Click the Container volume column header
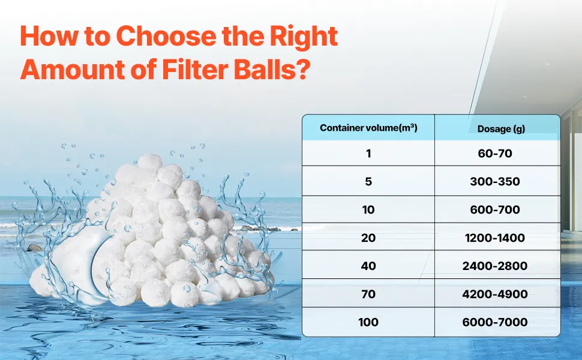368,128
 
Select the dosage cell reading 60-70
495,153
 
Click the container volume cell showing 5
368,181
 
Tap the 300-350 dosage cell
495,181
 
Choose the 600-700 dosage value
495,209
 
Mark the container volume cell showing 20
368,238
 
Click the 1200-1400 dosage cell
495,238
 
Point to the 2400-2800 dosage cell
495,266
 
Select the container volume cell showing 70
368,294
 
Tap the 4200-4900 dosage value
495,294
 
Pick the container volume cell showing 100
368,322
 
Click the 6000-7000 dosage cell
495,322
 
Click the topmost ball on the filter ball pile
150,163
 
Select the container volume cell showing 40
368,266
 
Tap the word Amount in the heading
72,70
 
